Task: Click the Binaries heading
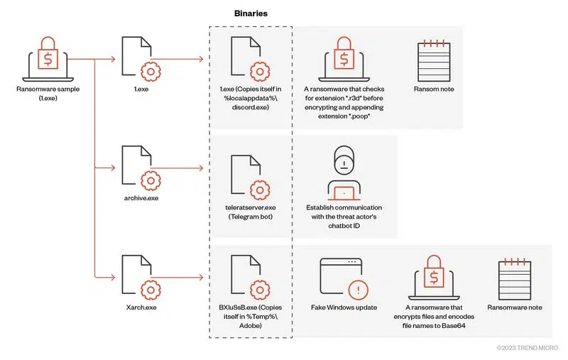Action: pos(251,13)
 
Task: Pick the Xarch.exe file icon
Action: pos(138,277)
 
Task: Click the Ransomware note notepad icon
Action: pos(514,277)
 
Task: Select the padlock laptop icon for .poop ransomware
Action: pos(343,60)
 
